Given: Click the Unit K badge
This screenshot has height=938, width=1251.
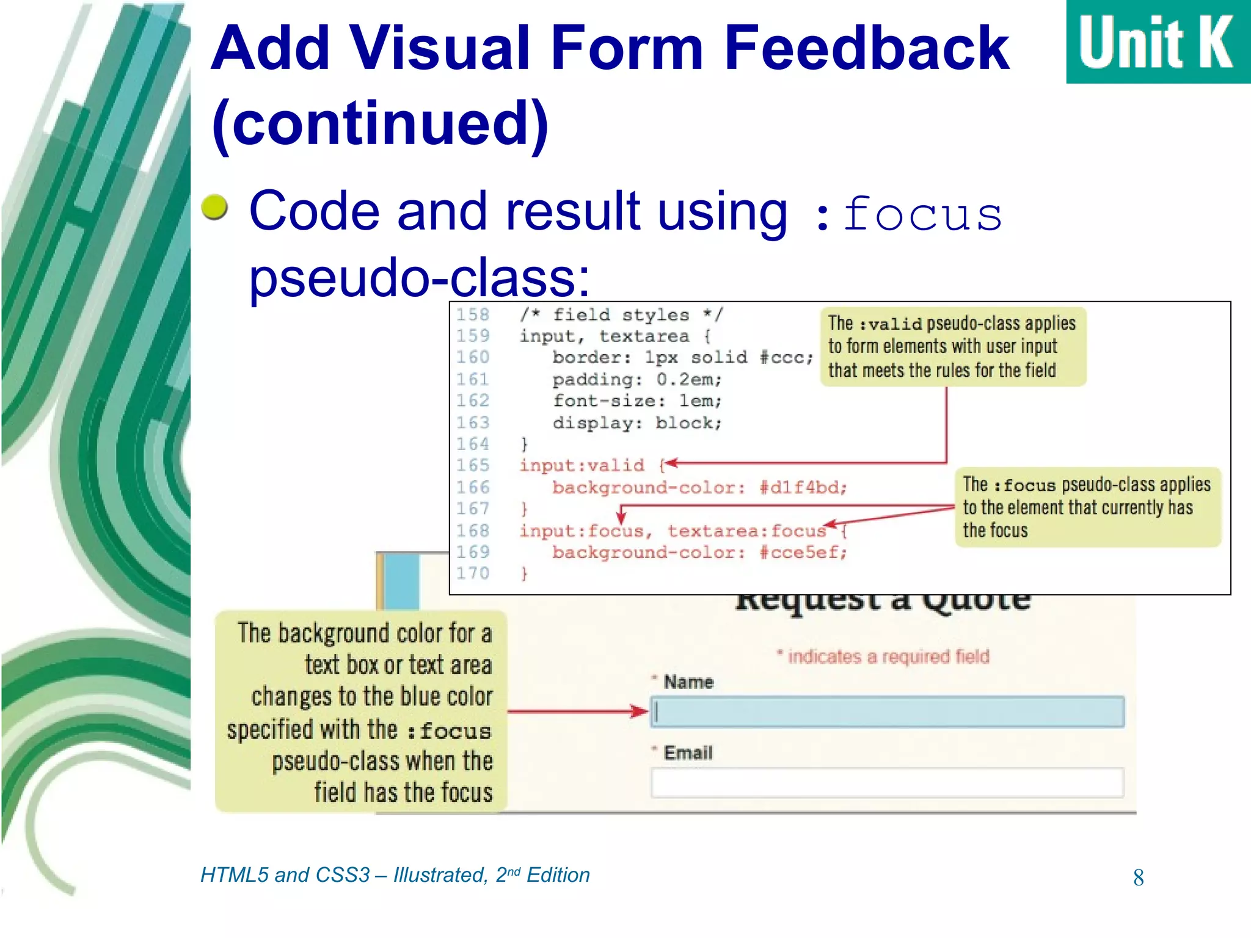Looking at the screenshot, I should tap(1157, 42).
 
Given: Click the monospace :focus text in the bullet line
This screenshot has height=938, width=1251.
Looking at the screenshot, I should tap(910, 215).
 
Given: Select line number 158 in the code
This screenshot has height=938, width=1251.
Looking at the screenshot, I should tap(473, 314).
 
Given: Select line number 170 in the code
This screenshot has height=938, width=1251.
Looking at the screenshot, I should tap(473, 573).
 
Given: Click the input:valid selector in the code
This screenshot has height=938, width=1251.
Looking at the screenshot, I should tap(582, 466).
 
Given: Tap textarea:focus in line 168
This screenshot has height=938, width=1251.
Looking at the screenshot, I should tap(746, 531).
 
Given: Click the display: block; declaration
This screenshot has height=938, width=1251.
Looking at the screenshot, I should tap(637, 423).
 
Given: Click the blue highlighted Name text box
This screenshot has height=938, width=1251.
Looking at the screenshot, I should tap(887, 712).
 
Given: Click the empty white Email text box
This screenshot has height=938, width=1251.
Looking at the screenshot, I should tap(887, 782).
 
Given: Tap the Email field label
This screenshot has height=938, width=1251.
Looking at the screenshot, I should tap(688, 752).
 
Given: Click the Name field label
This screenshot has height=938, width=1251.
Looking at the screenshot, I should tap(688, 682).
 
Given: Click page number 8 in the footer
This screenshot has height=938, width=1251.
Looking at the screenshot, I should tap(1138, 878).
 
